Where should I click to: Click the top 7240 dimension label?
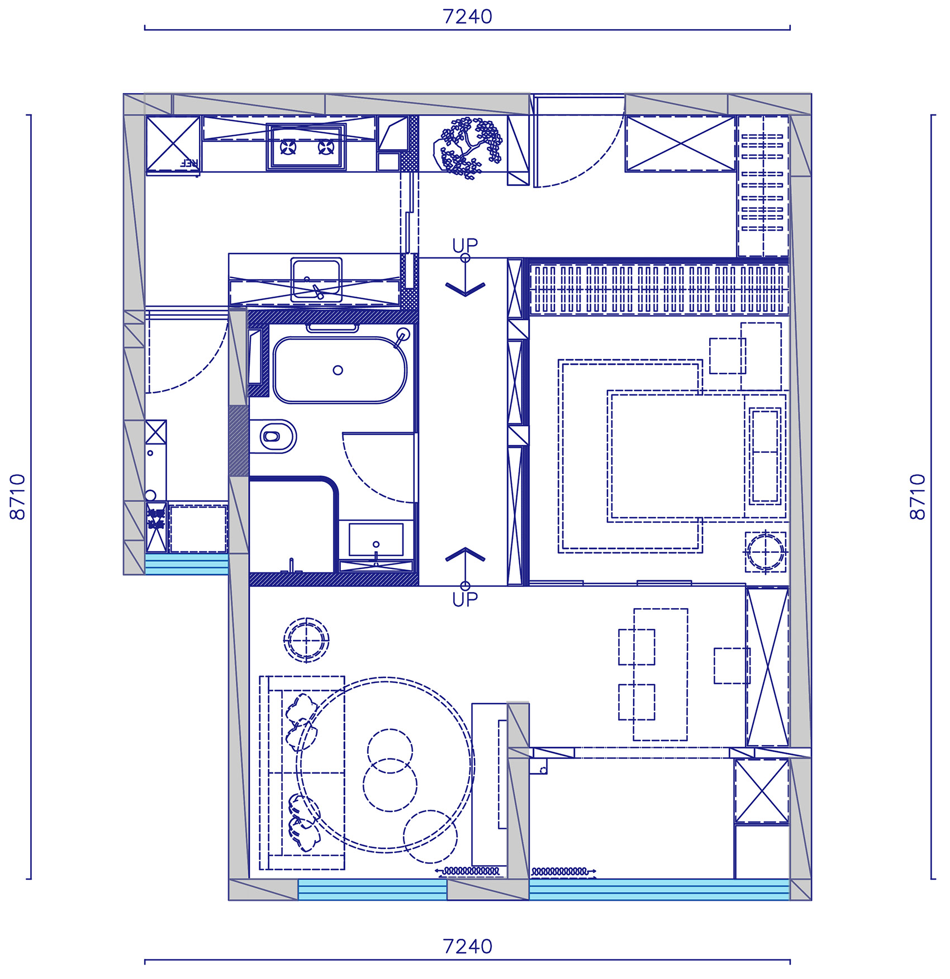coord(467,17)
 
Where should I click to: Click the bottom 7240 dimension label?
coord(467,946)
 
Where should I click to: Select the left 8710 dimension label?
coord(18,496)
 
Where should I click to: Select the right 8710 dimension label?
coord(918,496)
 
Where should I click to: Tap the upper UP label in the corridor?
coord(465,245)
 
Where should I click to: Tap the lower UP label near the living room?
coord(465,600)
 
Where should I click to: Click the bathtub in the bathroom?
coord(340,370)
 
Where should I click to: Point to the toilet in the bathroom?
coord(276,436)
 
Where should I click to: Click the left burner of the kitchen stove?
coord(288,147)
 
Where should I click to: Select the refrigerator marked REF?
coord(173,144)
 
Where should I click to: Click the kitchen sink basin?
coord(316,279)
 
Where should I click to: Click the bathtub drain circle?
coord(338,370)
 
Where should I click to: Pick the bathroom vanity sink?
coord(376,541)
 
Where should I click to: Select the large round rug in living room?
coord(386,765)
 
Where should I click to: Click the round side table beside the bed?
coord(765,551)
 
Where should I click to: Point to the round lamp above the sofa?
coord(306,640)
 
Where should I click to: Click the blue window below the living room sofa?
coord(372,889)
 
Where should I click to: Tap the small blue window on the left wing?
coord(187,564)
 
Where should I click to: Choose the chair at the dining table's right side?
coord(731,665)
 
